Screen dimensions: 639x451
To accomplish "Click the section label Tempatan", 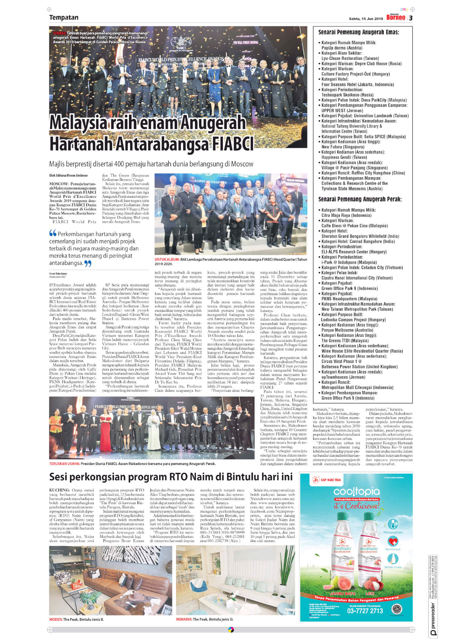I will click(x=64, y=17).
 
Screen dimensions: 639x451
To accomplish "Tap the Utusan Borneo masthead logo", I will click(x=396, y=17).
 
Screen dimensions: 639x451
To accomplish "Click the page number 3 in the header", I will click(x=411, y=18).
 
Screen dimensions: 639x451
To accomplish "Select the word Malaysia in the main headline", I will click(x=78, y=123).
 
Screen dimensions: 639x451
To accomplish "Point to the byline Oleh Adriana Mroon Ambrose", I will click(x=68, y=175).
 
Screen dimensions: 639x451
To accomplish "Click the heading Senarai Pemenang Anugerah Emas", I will click(x=358, y=32).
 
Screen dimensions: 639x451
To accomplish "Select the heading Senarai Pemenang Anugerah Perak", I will click(x=360, y=199).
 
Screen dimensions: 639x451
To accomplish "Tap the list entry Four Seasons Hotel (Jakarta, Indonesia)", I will click(x=358, y=85).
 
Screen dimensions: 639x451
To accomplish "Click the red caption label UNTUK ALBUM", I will click(x=167, y=259).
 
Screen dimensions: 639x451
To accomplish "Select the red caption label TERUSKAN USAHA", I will click(x=64, y=464).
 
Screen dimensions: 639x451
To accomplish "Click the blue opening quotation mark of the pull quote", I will click(x=53, y=233).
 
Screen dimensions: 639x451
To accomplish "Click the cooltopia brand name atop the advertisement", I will click(x=356, y=492).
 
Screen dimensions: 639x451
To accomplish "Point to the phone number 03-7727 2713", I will click(x=365, y=611).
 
